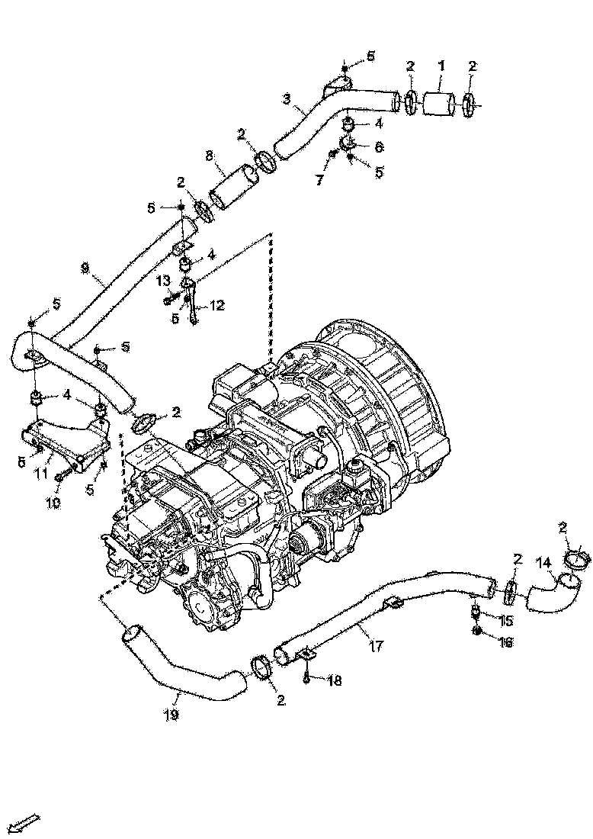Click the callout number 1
click(441, 66)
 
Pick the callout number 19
click(171, 715)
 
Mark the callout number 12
click(217, 305)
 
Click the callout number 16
click(505, 643)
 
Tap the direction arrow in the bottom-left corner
click(26, 822)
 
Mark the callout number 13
click(162, 281)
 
